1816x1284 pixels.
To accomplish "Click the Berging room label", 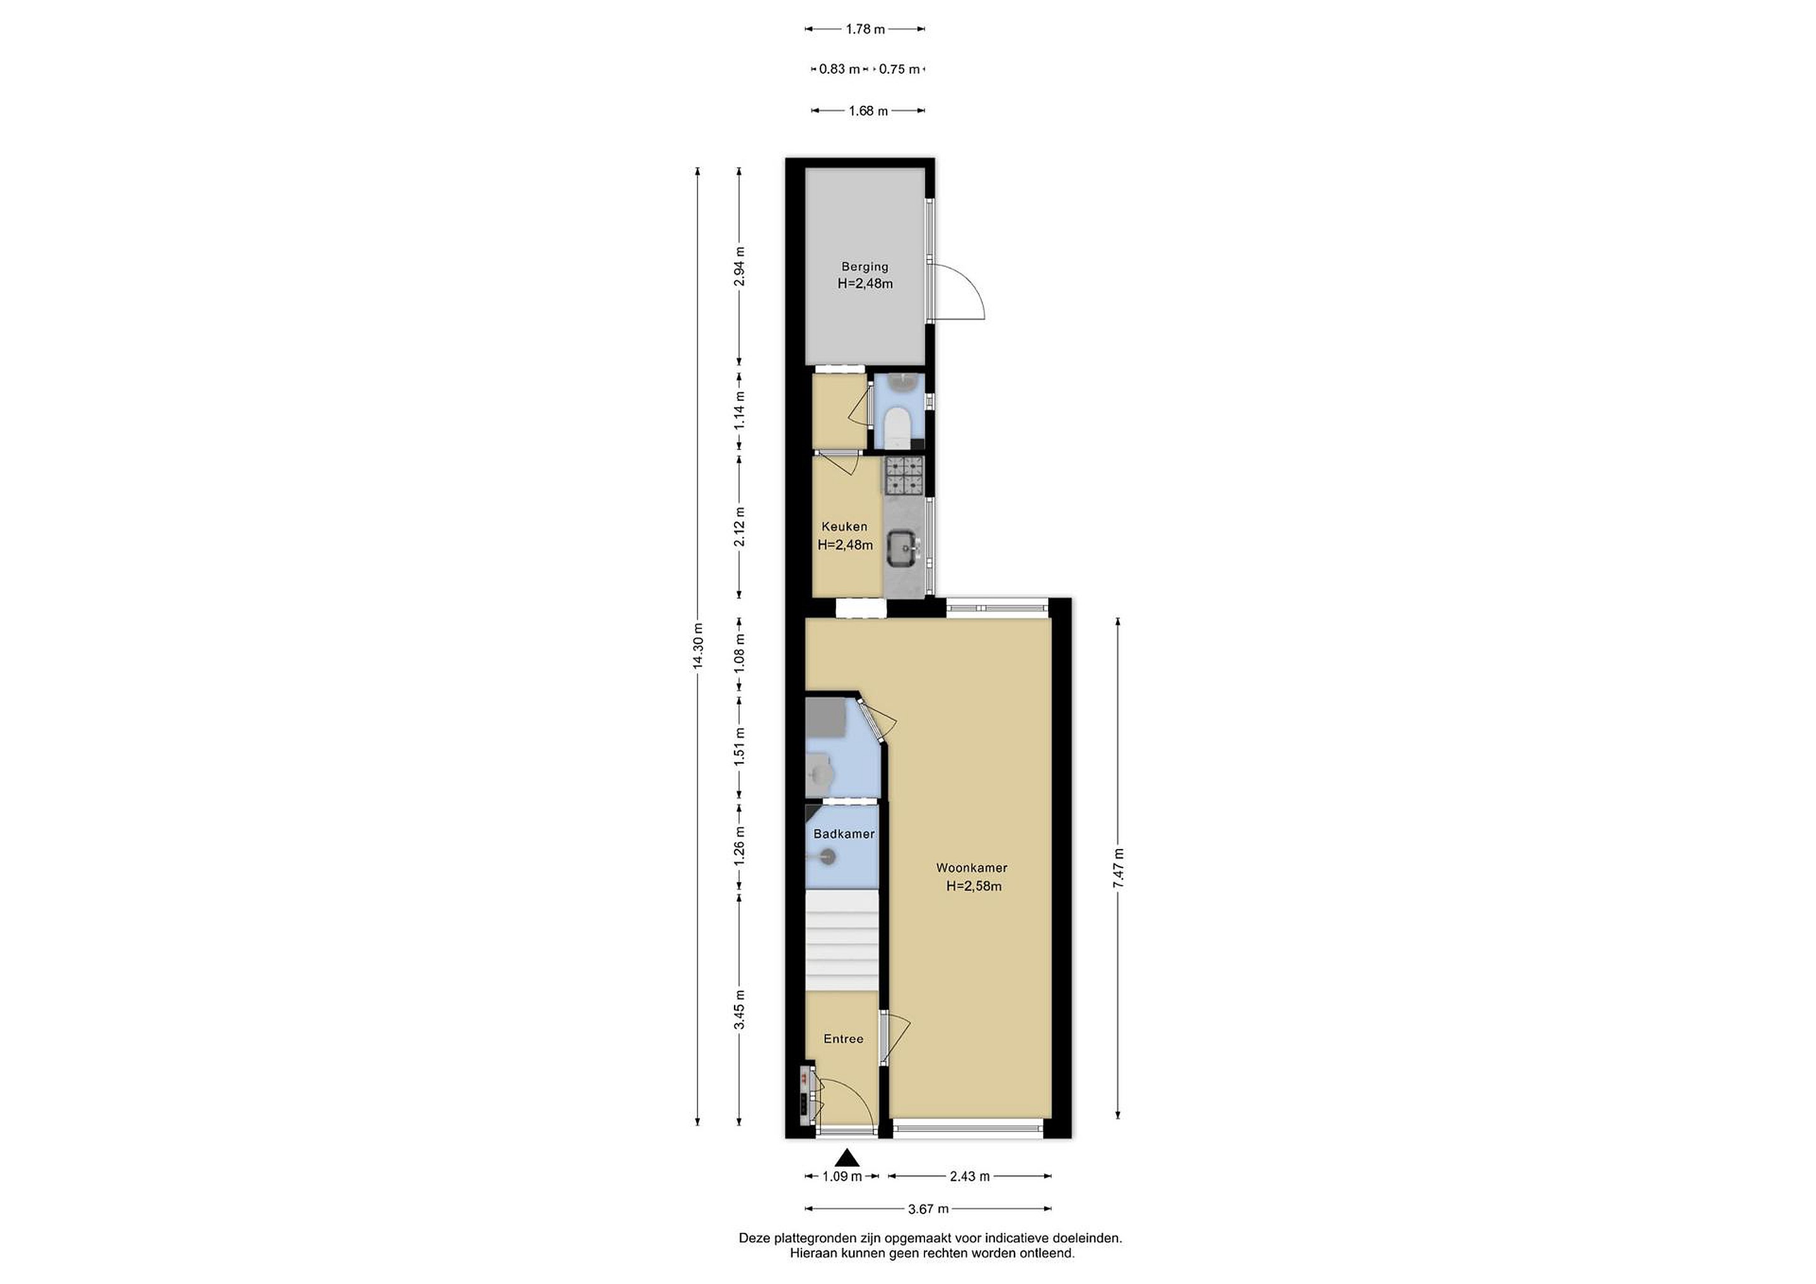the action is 864,267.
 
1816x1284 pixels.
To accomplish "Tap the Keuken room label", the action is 844,526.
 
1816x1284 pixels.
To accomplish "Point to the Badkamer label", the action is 844,834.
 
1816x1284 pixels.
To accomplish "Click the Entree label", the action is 843,1039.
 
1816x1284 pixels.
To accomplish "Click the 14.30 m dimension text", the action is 697,647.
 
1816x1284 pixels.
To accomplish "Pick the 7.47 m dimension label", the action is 1119,868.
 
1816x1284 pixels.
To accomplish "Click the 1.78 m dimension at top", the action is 864,29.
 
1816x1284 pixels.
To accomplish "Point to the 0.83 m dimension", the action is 839,69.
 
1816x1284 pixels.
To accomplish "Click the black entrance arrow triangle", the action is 848,1159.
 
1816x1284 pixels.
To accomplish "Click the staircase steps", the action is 842,941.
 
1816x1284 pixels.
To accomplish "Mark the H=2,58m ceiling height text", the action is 974,886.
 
